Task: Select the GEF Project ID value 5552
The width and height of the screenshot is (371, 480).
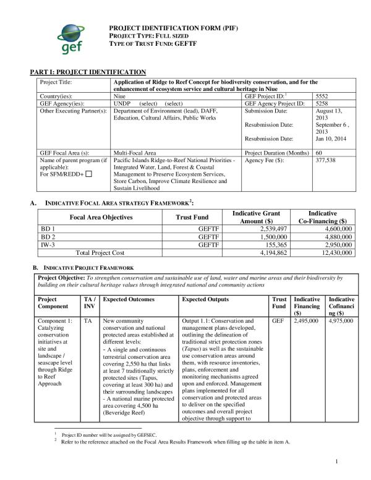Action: pos(323,96)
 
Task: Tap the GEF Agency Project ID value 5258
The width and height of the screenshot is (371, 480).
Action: pos(323,104)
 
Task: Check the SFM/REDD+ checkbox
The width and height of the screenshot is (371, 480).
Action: pos(88,174)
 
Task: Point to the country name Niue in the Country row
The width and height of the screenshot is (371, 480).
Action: pos(120,96)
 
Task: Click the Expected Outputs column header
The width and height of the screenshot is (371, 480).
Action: pos(205,299)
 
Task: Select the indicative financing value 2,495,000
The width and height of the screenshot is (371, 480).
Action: pos(306,322)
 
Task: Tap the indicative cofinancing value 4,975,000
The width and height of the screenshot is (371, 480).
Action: pos(341,322)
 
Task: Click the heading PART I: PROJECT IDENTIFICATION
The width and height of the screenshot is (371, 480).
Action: pos(88,72)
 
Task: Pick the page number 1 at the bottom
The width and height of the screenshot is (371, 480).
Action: pos(336,461)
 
